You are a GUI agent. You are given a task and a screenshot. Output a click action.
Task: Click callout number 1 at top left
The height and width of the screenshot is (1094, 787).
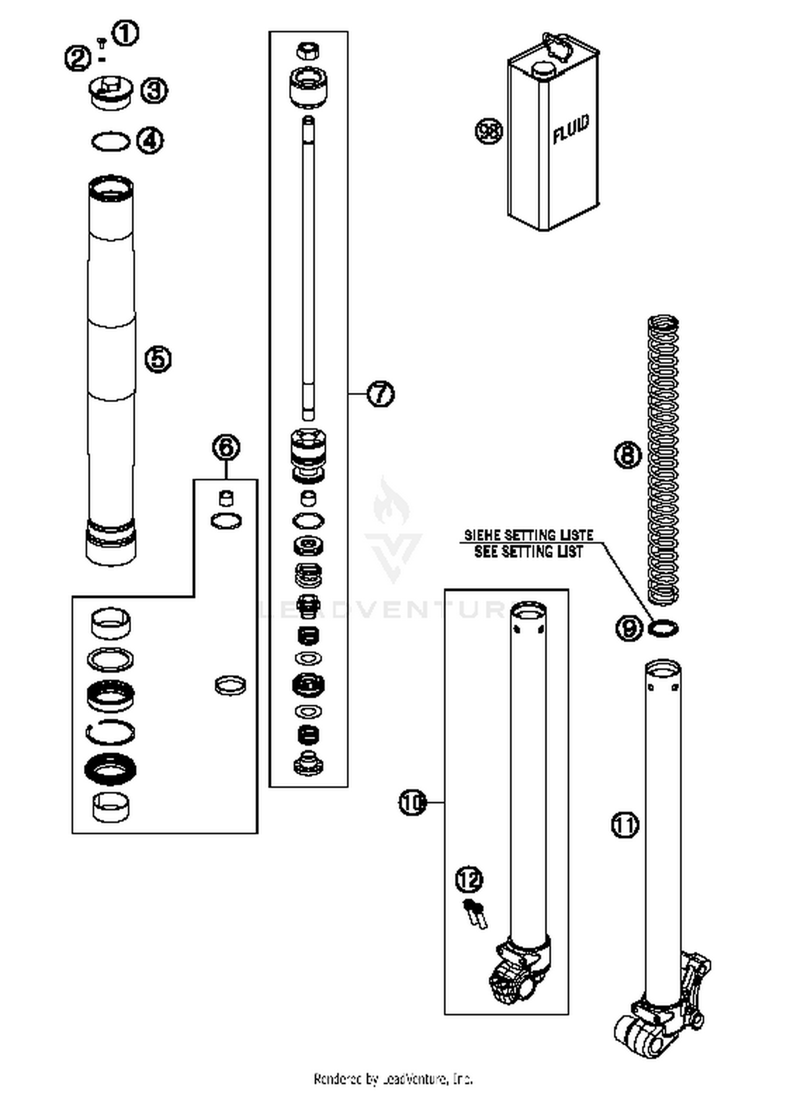(x=125, y=34)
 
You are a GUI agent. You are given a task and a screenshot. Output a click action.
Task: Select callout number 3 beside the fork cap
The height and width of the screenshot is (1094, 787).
(x=154, y=90)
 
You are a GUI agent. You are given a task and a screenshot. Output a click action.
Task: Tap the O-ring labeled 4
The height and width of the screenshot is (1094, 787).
(x=110, y=142)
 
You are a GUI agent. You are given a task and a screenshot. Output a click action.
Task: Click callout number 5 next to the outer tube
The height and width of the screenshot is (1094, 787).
(x=158, y=359)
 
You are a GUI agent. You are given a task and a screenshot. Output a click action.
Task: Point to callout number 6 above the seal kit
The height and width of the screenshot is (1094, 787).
(x=226, y=448)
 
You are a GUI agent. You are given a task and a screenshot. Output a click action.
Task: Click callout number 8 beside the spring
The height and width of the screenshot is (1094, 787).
(x=628, y=454)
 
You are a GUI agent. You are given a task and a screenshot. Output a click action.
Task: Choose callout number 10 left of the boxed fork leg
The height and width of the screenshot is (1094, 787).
(x=413, y=803)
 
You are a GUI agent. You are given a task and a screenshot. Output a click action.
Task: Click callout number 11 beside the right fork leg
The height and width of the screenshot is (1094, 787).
(x=625, y=826)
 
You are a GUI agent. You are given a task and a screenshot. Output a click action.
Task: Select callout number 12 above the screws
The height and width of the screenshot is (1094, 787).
(x=469, y=879)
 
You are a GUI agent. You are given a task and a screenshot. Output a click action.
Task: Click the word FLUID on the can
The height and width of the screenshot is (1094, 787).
(x=571, y=129)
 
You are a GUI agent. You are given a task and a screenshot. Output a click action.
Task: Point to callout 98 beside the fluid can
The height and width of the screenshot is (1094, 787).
(x=488, y=131)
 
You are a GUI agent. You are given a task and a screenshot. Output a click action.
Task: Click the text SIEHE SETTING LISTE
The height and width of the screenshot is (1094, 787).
(x=528, y=535)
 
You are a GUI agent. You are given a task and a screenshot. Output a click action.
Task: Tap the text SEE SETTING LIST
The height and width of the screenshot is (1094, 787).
(x=528, y=551)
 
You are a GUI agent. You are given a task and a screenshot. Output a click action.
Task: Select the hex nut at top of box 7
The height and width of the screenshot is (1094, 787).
(x=309, y=51)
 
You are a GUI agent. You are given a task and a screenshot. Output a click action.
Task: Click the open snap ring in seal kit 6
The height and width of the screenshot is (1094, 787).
(x=110, y=732)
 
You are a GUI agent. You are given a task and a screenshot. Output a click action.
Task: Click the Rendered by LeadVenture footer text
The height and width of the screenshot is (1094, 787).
(x=393, y=1079)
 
